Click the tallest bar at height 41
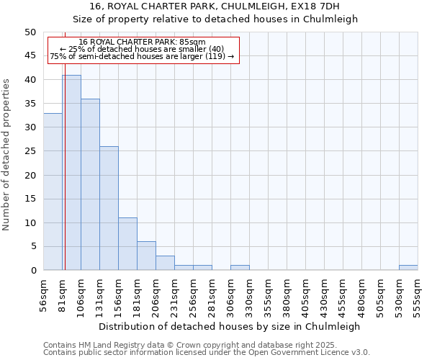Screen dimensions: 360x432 pos(71,173)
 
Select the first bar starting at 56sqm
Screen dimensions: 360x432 pos(53,192)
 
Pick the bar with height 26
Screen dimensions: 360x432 pos(109,208)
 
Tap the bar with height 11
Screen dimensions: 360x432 pos(127,244)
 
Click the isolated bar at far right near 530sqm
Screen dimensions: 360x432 pos(408,268)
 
